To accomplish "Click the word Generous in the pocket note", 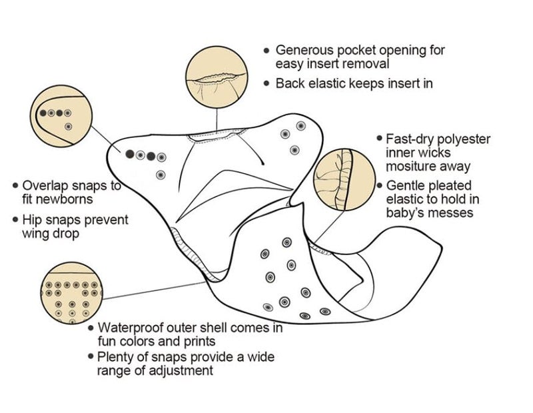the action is point(304,51).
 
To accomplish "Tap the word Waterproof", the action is point(129,328).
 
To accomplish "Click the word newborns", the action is point(57,199).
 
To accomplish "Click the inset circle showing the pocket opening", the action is point(217,77).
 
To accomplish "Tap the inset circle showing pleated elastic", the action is point(344,179).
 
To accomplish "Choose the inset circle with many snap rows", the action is point(71,292).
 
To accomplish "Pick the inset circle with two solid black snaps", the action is point(61,116).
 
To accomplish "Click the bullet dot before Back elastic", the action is point(266,83).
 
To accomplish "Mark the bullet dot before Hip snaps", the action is point(15,220).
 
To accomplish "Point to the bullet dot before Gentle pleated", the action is point(380,186).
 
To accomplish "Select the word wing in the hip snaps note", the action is point(36,234).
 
